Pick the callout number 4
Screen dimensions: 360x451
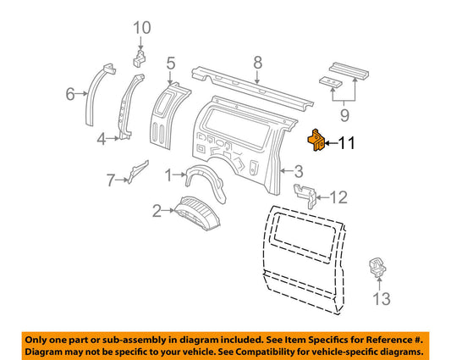point(102,138)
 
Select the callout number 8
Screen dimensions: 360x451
point(259,62)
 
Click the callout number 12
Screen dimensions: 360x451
point(338,197)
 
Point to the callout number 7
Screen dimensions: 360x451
point(109,179)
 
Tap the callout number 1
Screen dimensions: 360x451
point(168,175)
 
